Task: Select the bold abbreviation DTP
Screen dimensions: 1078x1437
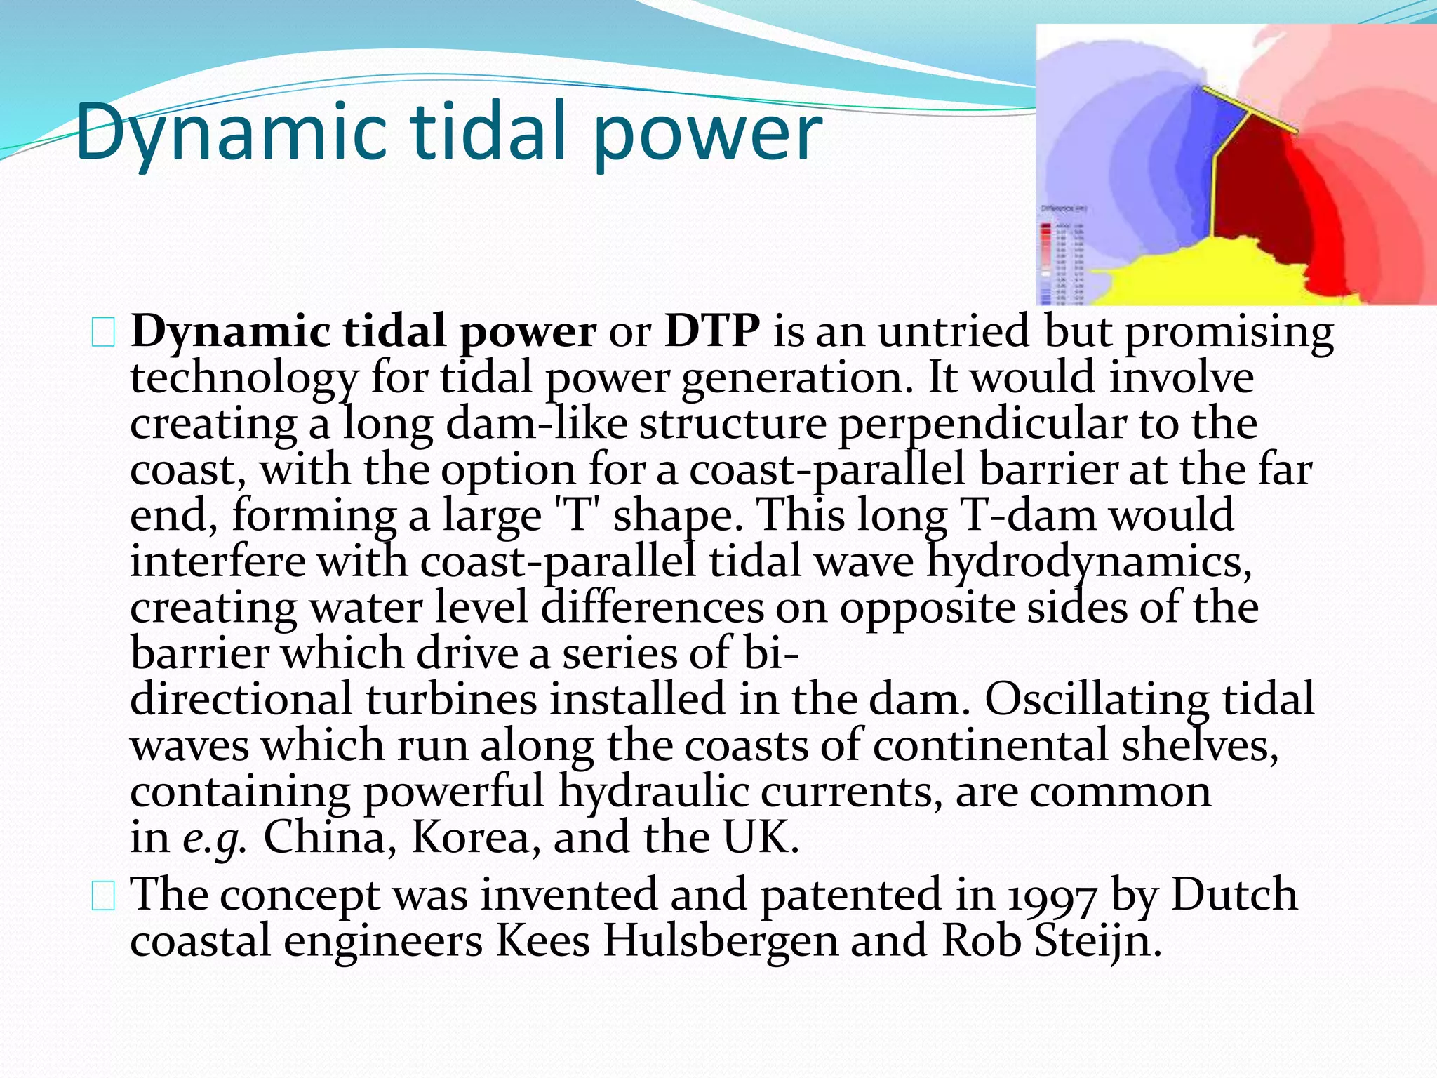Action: [x=711, y=331]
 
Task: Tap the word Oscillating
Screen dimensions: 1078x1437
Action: [x=1097, y=700]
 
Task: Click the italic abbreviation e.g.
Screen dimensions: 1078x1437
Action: [x=215, y=838]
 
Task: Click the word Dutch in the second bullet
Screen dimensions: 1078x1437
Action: [x=1234, y=896]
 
